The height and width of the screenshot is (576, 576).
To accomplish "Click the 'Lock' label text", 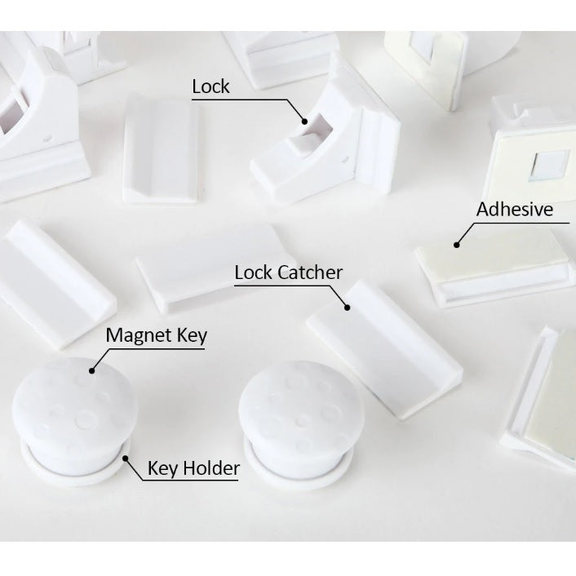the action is tap(210, 86).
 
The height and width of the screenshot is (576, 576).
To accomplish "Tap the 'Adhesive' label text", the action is tap(515, 209).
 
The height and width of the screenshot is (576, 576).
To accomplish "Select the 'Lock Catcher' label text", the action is tap(288, 272).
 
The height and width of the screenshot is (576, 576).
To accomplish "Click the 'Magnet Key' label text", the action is tap(157, 336).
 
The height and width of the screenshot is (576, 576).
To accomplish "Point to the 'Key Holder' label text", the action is tap(193, 468).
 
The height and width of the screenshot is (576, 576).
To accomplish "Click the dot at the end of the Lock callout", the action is tap(304, 122).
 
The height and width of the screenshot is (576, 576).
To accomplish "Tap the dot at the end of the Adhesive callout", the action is tap(457, 245).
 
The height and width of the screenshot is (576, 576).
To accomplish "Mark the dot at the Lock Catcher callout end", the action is tap(347, 308).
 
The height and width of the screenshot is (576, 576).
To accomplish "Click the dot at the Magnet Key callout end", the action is tap(92, 370).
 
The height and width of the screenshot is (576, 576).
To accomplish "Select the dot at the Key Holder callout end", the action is tap(126, 459).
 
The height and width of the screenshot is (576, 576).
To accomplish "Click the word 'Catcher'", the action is tap(310, 272).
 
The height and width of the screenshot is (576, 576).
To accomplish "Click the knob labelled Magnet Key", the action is tap(75, 408).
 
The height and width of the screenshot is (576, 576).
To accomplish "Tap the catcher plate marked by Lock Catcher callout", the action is tap(384, 349).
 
